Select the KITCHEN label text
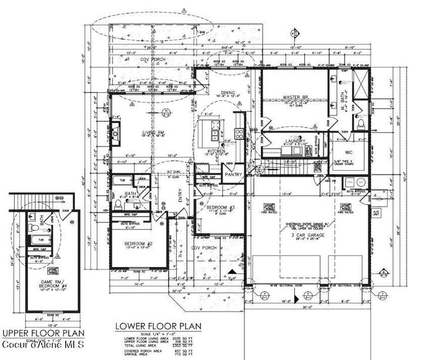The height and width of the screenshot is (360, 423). click(x=217, y=152)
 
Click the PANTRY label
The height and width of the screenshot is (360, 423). click(x=233, y=174)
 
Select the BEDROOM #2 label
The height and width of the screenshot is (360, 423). click(x=139, y=244)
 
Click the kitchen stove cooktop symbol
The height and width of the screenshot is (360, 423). click(x=240, y=133)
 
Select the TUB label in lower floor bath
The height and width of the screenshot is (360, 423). click(x=122, y=180)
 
